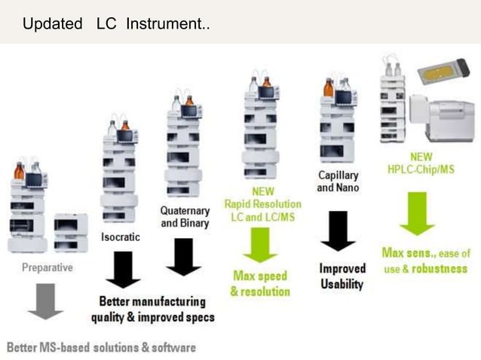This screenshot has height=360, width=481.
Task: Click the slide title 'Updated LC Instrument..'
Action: (116, 24)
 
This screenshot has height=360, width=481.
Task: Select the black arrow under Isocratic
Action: (123, 269)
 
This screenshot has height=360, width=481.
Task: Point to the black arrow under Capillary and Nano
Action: (338, 230)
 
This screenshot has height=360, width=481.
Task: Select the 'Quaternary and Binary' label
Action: (185, 216)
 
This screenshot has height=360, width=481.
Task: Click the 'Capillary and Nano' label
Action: (338, 181)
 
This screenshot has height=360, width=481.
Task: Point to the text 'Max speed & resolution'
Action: (260, 283)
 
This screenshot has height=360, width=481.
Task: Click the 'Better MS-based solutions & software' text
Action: (102, 347)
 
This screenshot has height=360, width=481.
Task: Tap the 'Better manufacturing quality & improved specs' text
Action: (152, 309)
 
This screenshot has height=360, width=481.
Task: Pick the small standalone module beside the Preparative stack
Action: (70, 233)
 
